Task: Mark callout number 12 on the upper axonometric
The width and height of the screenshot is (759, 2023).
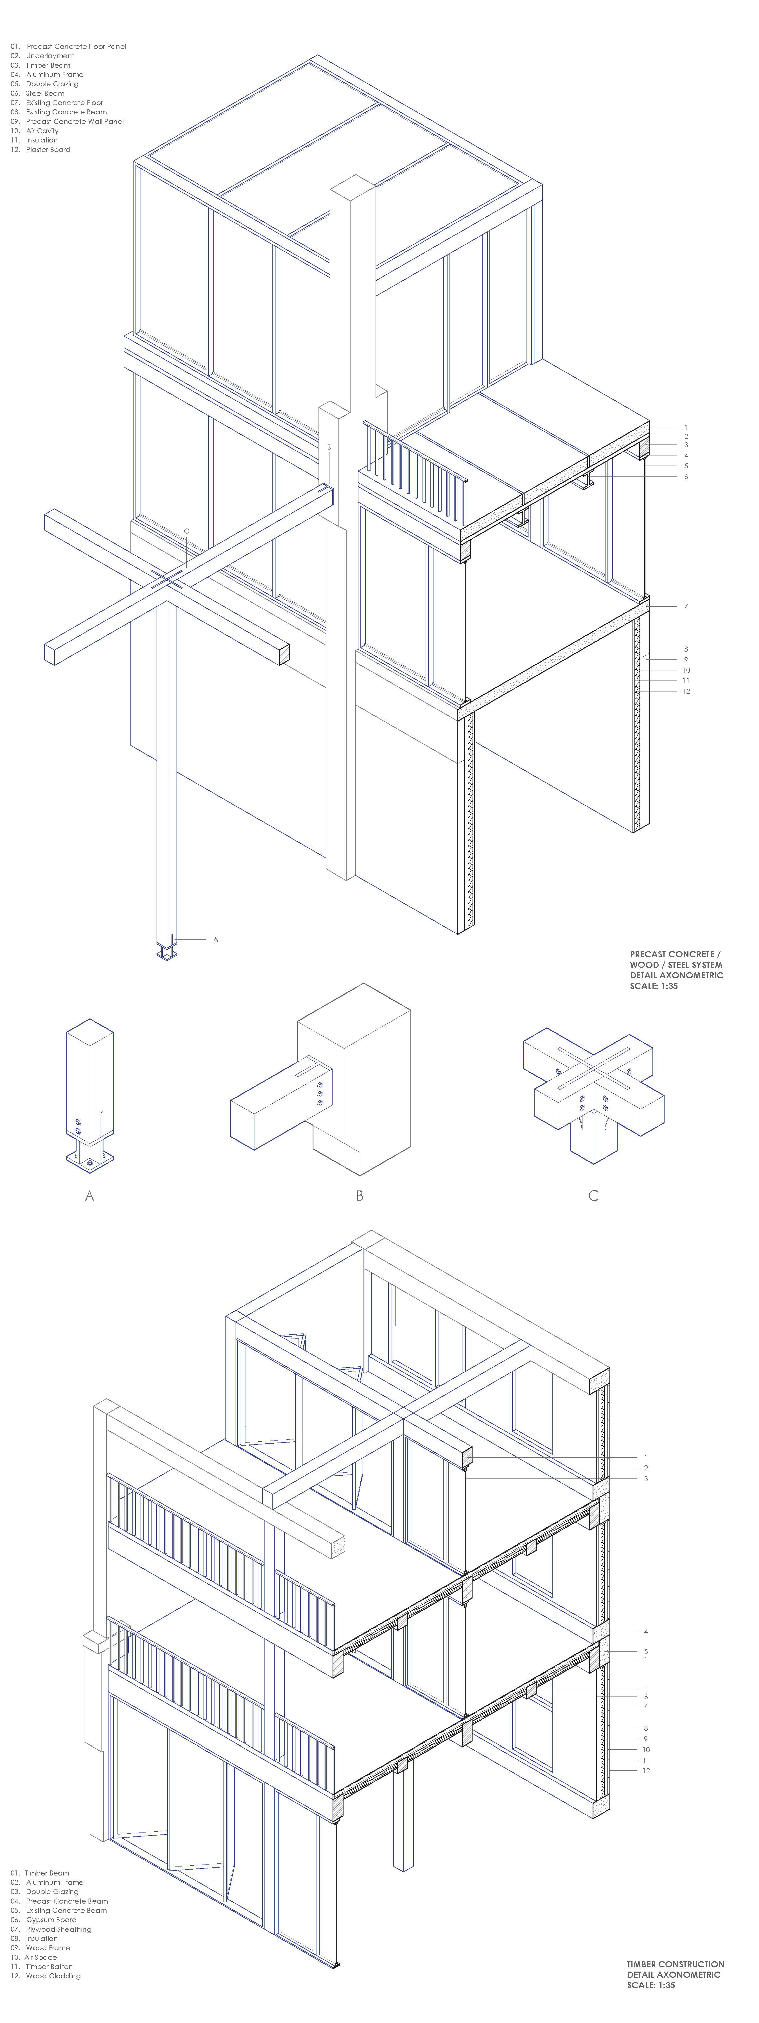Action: point(686,691)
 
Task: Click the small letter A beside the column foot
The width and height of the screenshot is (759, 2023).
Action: point(215,939)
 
